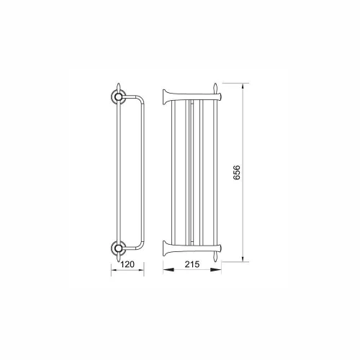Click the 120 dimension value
pos(127,264)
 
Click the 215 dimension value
pos(192,264)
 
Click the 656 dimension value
pos(237,172)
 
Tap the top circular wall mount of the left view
pos(118,96)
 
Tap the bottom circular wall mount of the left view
pos(118,248)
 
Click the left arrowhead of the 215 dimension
pos(168,270)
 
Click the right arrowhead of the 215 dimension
pos(216,270)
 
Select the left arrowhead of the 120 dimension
pos(114,270)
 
